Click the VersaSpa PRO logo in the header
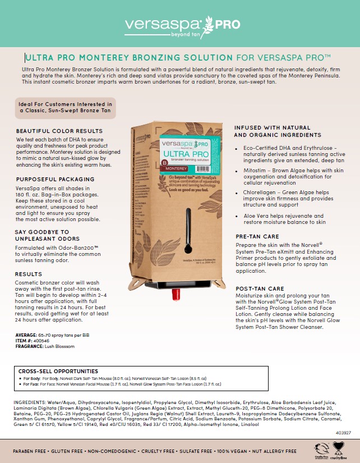coord(179,25)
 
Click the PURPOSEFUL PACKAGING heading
coord(56,180)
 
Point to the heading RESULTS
coord(29,274)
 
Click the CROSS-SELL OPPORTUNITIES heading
coord(58,372)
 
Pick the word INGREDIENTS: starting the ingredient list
coord(30,403)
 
